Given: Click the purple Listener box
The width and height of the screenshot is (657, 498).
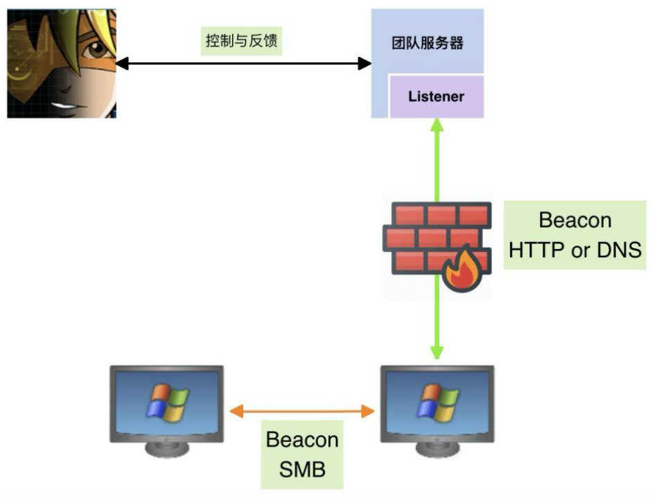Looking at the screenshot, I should coord(436,96).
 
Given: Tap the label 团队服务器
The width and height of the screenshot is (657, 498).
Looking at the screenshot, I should coord(427,43).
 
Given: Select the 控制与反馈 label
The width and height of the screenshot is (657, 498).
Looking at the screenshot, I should coord(242,42).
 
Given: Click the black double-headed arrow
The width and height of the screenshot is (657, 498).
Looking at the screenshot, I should coord(243,64).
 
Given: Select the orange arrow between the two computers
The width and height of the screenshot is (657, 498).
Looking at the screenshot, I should coord(302,411).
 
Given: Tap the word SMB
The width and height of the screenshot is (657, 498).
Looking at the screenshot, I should coord(302,470).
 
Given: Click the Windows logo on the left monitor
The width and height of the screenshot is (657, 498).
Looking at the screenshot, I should coord(167,402).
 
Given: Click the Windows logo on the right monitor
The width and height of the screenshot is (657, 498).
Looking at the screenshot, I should coord(437,402).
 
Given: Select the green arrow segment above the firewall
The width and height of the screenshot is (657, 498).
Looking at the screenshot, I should coord(437,160).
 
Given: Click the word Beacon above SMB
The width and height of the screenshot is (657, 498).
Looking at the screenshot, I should coord(302,440).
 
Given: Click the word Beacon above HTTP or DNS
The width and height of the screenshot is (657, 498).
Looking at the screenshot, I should coord(575,221).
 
